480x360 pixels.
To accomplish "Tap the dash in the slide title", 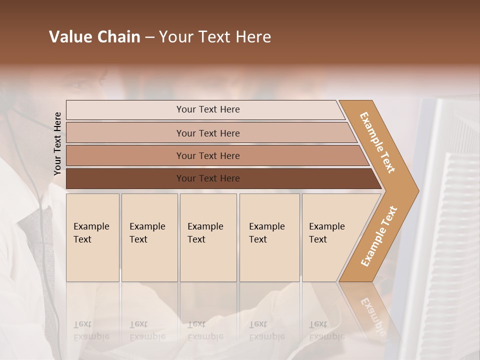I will [x=149, y=37].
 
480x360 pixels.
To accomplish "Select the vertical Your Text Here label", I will [x=57, y=143].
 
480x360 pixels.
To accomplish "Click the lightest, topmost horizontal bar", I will [x=207, y=109].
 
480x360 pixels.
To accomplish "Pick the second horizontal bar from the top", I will [x=207, y=133].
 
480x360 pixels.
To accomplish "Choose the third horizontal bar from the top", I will [x=207, y=155].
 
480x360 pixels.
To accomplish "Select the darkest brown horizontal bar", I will [x=207, y=178].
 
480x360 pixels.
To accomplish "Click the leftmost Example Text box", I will [x=92, y=237].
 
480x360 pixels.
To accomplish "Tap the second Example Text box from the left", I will [x=149, y=237].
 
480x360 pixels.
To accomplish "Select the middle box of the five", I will [x=208, y=237].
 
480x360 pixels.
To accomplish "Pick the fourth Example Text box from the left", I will [x=269, y=237].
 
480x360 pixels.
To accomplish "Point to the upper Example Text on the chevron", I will [x=378, y=142].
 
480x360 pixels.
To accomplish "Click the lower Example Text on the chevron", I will [x=379, y=236].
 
